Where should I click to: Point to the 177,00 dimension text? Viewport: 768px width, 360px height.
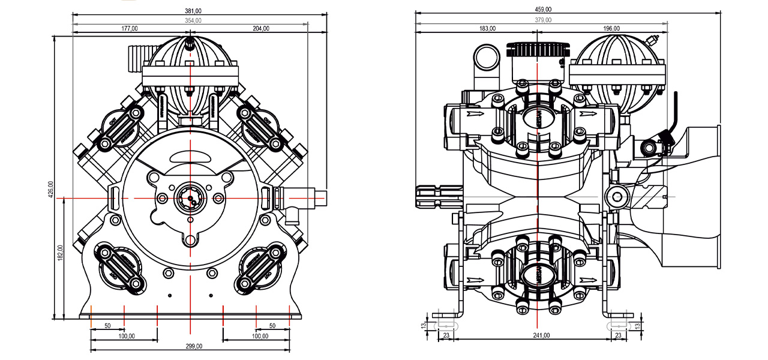(130, 28)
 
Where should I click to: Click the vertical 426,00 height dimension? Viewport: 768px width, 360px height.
(51, 189)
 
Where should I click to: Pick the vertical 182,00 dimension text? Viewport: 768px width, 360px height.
(61, 252)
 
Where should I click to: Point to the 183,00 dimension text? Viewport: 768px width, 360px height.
(487, 28)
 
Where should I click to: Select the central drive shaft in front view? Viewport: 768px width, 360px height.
(191, 198)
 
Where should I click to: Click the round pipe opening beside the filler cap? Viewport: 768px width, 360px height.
(485, 58)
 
